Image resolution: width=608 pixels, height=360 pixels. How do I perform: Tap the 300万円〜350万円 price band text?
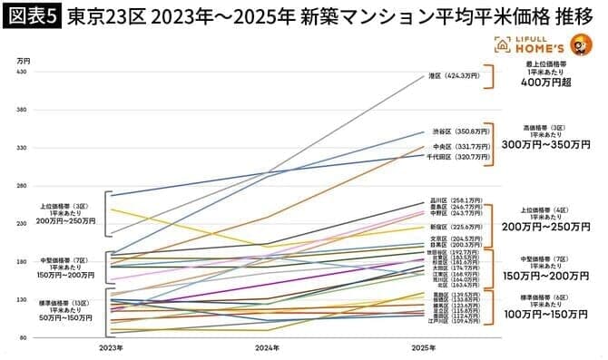[547, 144]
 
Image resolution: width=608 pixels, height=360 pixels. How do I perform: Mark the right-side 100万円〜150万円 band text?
[547, 315]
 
